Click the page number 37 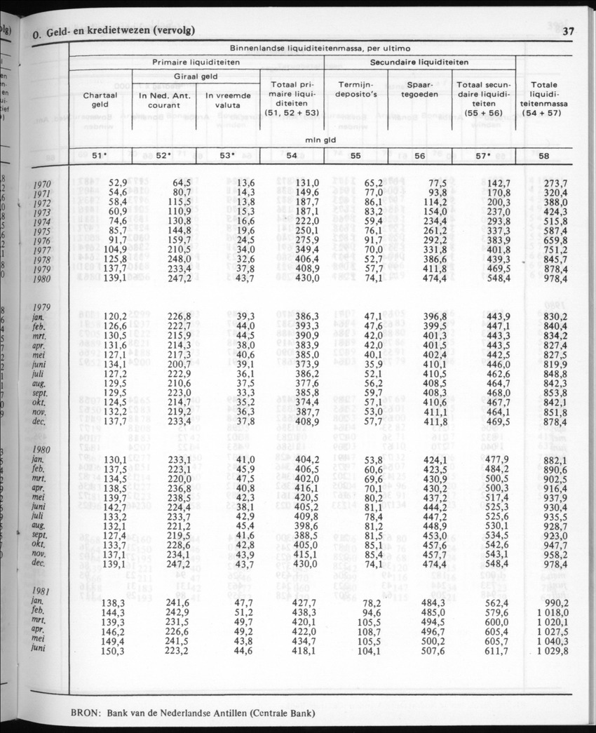[x=569, y=30]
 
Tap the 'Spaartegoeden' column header [x=419, y=94]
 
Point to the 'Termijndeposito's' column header [x=355, y=94]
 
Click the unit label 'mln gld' [x=318, y=140]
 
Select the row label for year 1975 [x=43, y=232]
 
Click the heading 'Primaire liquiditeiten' [x=196, y=62]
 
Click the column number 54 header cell [x=292, y=156]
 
